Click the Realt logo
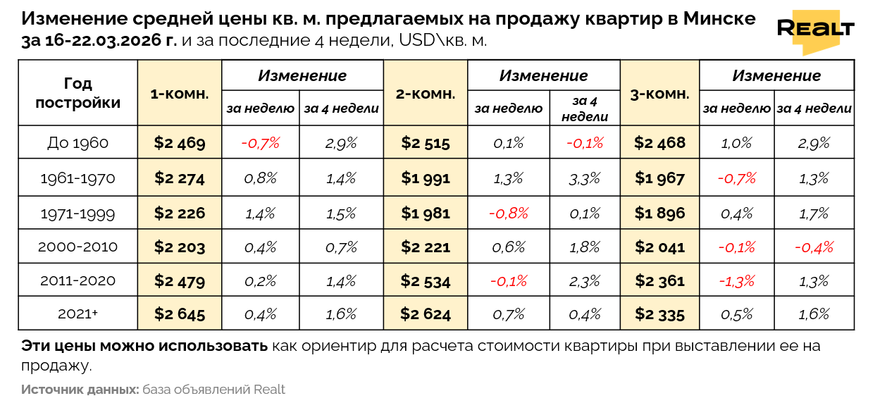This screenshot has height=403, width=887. [x=815, y=30]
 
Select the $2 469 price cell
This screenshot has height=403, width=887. [x=180, y=143]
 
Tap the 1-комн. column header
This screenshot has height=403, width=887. [x=180, y=93]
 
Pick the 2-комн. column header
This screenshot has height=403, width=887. [x=426, y=93]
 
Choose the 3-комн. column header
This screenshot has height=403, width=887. [x=659, y=93]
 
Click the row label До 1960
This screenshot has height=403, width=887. [x=77, y=143]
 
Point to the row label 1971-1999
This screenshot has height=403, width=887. [x=77, y=212]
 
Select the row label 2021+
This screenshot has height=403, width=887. [x=77, y=314]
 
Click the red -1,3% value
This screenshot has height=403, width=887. [x=736, y=281]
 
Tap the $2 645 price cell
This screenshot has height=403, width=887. [x=180, y=314]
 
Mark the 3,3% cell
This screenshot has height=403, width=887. [x=585, y=178]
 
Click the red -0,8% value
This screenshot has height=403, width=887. [x=508, y=212]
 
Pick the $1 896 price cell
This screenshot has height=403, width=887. [x=659, y=212]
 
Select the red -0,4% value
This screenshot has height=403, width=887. [x=814, y=247]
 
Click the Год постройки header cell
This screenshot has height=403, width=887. [x=77, y=93]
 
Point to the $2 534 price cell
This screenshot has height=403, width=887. [x=426, y=281]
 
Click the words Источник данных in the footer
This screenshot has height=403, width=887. [x=80, y=390]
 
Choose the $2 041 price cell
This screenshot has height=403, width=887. [x=659, y=247]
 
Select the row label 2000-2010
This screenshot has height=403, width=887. [x=77, y=247]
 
